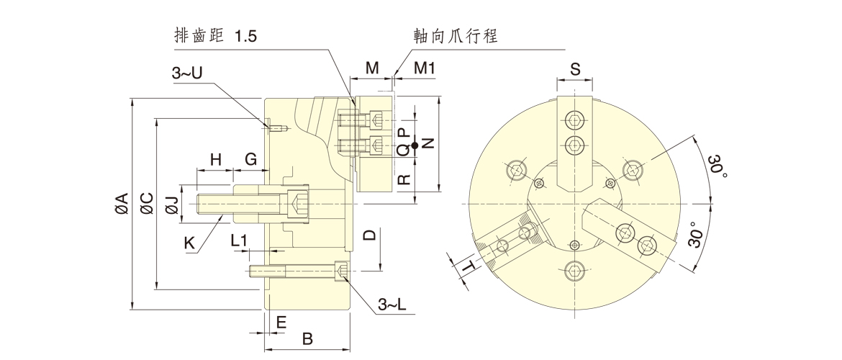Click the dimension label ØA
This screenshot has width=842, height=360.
[122, 204]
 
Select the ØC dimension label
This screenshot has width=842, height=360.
[147, 204]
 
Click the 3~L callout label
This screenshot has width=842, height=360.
[392, 306]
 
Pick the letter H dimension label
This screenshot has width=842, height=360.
[214, 158]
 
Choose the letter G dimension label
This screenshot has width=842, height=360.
[250, 158]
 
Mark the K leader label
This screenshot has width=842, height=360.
[189, 243]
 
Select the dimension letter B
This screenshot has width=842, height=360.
[307, 337]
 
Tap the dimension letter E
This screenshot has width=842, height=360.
[281, 322]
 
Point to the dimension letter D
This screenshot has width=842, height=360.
[368, 235]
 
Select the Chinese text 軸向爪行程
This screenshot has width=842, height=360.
[456, 36]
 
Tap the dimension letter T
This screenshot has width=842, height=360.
[469, 268]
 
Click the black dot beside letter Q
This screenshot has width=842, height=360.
[415, 146]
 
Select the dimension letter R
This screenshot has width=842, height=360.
[404, 177]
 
